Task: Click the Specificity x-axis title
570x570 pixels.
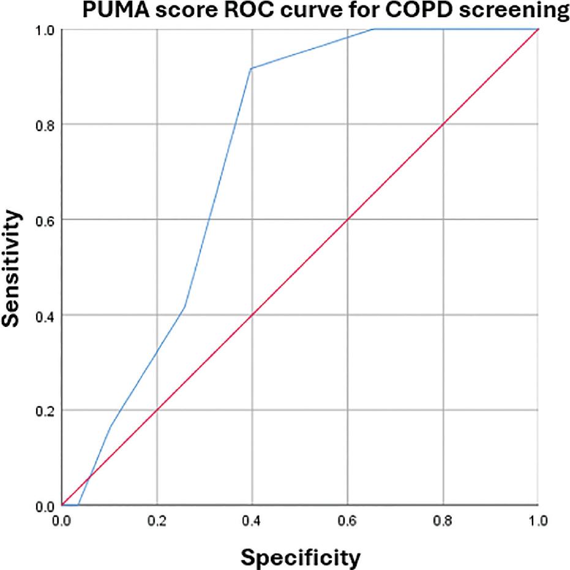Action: pos(299,557)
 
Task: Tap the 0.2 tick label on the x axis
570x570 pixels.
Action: pos(157,520)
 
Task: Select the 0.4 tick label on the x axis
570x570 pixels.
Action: pos(252,520)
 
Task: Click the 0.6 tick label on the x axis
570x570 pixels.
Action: pos(348,520)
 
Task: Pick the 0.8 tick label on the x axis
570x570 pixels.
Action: pos(443,520)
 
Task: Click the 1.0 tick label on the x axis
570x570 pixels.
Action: pos(538,520)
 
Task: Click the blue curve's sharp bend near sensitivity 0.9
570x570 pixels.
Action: pos(251,68)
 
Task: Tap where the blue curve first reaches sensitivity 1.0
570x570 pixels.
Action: pos(374,29)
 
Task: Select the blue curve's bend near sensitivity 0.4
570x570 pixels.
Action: pos(184,307)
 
